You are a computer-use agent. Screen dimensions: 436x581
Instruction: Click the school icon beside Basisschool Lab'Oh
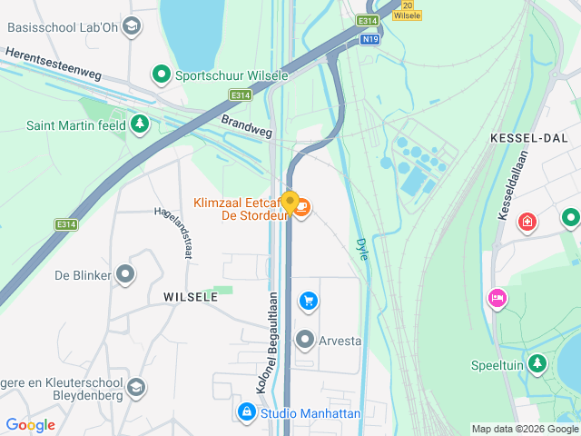point(132,26)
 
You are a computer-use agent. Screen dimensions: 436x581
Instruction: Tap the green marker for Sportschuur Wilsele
point(162,74)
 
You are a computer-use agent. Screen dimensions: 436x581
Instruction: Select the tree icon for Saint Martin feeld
point(139,124)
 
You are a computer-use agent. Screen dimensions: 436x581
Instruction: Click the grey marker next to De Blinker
point(125,274)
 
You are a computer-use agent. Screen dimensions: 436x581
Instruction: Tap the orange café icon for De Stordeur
point(301,210)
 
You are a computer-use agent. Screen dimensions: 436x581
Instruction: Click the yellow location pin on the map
point(290,203)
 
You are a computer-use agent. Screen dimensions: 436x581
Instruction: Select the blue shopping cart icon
point(309,301)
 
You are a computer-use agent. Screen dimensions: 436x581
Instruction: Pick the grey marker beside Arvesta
point(305,341)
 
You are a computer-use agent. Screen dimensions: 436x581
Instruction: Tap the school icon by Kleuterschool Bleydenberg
point(136,388)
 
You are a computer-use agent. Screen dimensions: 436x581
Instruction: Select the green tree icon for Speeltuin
point(538,364)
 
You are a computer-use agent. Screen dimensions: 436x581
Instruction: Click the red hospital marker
point(527,222)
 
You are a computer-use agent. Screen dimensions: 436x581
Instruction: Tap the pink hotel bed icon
point(497,299)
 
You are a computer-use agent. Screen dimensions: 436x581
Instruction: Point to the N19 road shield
point(369,40)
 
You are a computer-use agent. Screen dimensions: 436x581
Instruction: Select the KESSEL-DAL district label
point(527,137)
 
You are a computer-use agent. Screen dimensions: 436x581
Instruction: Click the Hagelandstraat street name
point(174,233)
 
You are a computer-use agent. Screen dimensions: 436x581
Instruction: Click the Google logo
point(30,424)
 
